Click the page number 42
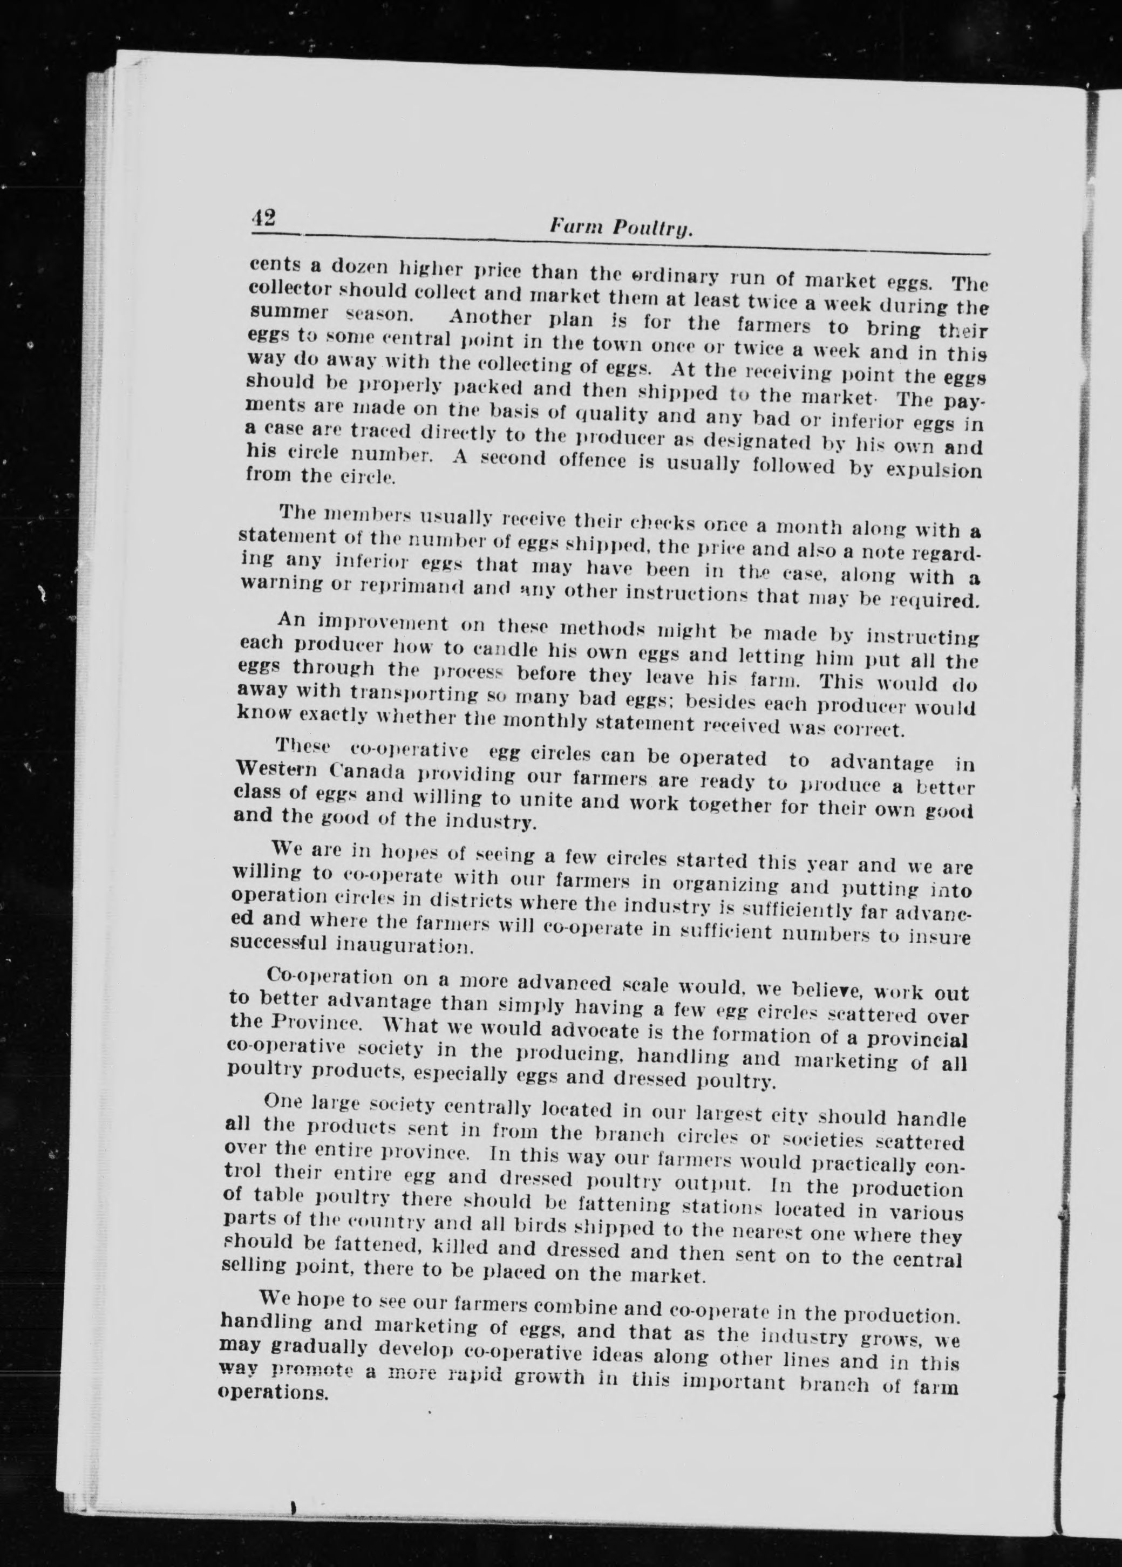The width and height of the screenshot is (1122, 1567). point(264,217)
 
